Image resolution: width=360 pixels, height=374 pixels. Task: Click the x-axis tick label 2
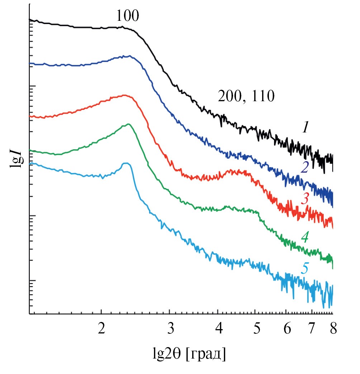pyautogui.click(x=101, y=328)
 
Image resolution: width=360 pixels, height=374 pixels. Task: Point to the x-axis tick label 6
pyautogui.click(x=286, y=328)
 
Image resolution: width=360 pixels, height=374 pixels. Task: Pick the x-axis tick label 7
pyautogui.click(x=311, y=328)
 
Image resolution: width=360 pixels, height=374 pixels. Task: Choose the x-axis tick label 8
pyautogui.click(x=333, y=328)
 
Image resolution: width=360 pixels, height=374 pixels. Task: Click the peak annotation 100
pyautogui.click(x=127, y=16)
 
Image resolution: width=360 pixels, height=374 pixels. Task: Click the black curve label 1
pyautogui.click(x=305, y=127)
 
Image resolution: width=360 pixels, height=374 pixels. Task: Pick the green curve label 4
pyautogui.click(x=305, y=237)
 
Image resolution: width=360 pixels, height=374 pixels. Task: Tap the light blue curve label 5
pyautogui.click(x=305, y=268)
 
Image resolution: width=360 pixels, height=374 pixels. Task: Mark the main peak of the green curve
pyautogui.click(x=128, y=124)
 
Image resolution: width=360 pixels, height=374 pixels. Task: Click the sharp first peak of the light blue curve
pyautogui.click(x=126, y=163)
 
